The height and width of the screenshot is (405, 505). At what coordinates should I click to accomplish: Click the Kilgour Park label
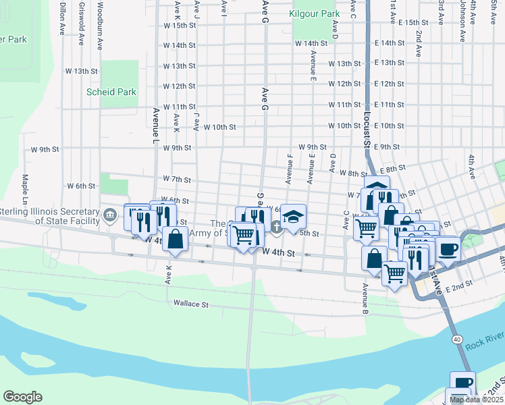point(314,13)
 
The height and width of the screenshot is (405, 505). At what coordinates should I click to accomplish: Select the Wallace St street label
point(191,304)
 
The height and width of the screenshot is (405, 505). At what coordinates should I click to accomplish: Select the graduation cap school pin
point(293,216)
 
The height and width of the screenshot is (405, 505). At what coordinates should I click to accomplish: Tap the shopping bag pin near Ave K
point(175,239)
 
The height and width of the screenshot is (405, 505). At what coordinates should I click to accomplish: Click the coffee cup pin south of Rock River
point(462,383)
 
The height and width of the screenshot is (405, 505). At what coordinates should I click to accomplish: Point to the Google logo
point(22,397)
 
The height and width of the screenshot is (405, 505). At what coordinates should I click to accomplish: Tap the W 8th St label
point(352,173)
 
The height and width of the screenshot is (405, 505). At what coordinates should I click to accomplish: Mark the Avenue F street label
point(289,169)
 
